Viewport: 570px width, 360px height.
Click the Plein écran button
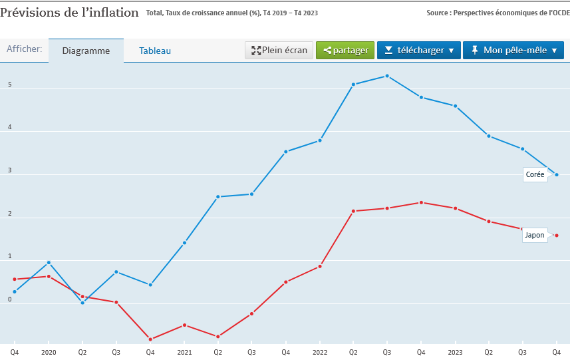coord(279,51)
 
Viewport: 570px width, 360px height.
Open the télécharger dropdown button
coord(419,51)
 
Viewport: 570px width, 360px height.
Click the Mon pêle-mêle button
coord(513,51)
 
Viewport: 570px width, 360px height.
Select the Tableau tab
coord(155,51)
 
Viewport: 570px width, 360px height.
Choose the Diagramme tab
coord(86,51)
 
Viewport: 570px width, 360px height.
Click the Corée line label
coord(535,175)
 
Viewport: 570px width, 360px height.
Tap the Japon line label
coord(534,235)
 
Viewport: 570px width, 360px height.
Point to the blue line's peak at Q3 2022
coord(387,76)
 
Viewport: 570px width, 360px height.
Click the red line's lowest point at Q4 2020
coord(150,339)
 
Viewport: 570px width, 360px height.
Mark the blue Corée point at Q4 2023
coord(557,175)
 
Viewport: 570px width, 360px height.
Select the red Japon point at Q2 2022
coord(353,211)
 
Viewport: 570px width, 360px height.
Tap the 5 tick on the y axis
coord(9,85)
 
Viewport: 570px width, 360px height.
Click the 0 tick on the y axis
coord(9,299)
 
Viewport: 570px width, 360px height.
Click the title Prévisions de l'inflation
coord(70,13)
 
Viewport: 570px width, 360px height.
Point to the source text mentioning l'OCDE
coord(498,13)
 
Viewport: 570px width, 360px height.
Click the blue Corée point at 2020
coord(49,262)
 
